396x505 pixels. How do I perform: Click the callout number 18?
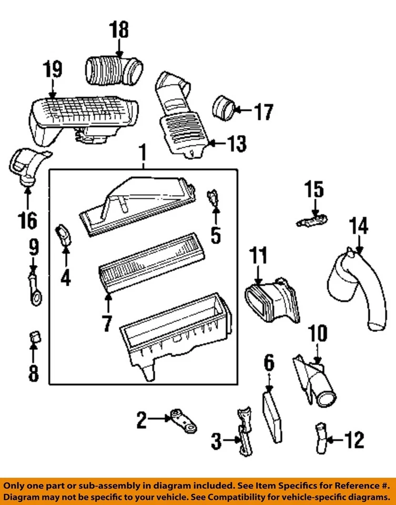(x=119, y=30)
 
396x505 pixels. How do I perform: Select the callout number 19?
(x=52, y=69)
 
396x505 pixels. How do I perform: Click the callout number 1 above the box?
(x=141, y=154)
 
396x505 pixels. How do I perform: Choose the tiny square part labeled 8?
(x=34, y=335)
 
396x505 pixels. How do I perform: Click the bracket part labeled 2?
(x=179, y=421)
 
